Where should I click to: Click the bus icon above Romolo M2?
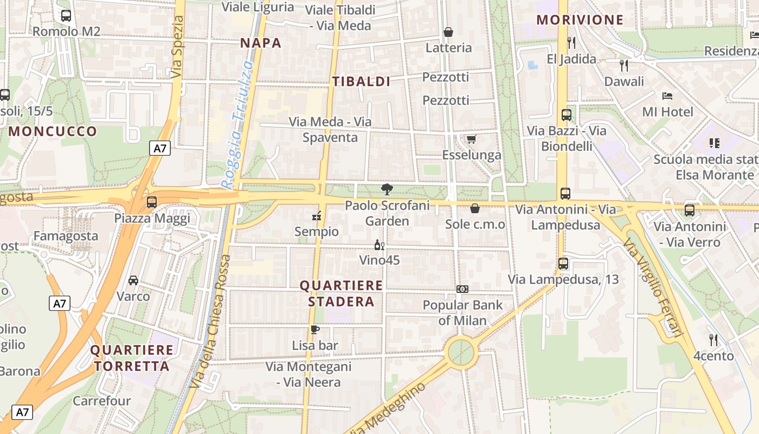coord(66,16)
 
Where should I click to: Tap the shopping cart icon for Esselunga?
coord(471,139)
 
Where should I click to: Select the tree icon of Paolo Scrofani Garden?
coord(387,189)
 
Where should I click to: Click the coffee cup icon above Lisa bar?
coord(315,329)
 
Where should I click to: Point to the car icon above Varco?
coord(133,280)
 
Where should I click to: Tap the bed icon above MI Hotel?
coord(667,96)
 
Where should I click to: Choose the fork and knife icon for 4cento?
coord(713,340)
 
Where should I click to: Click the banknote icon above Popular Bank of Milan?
coord(462,289)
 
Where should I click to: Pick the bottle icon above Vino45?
coord(379,245)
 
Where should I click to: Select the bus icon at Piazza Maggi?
coord(152,202)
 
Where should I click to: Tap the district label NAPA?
coord(261,43)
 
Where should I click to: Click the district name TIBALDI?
coord(361,82)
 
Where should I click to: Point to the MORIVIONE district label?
coord(580,20)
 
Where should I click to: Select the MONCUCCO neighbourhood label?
coord(53,131)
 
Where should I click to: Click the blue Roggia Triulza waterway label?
coord(239,125)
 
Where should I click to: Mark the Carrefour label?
coord(102,401)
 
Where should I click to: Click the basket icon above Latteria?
coord(448,32)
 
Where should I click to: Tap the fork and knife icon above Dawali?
coord(624,66)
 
